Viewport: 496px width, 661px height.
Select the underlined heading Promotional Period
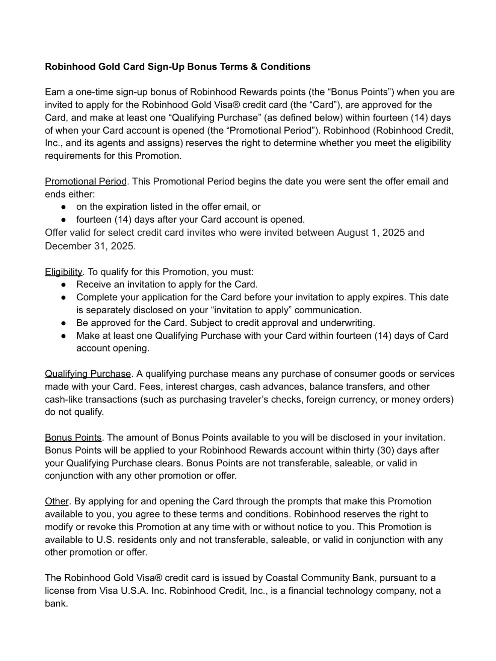point(86,181)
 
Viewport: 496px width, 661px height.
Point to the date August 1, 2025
point(371,232)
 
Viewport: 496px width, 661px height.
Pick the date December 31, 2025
point(90,246)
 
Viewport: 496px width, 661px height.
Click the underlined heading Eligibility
point(63,272)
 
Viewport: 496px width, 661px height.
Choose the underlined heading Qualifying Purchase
point(88,374)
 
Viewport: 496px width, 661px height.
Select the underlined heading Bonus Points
point(73,438)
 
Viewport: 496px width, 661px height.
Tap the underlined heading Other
point(56,501)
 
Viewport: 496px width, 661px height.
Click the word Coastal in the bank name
point(282,578)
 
